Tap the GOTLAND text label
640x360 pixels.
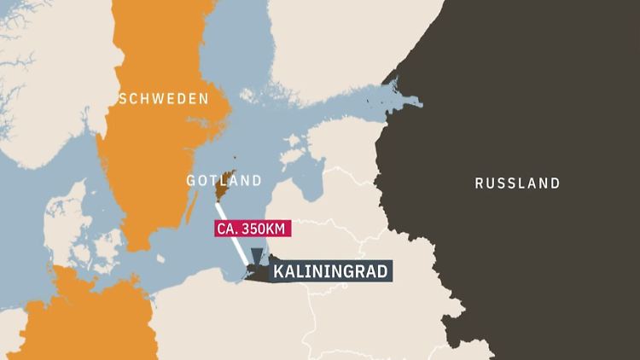(224, 181)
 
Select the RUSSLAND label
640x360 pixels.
(518, 183)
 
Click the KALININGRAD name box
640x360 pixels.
(331, 272)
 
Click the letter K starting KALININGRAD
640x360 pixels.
(277, 272)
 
